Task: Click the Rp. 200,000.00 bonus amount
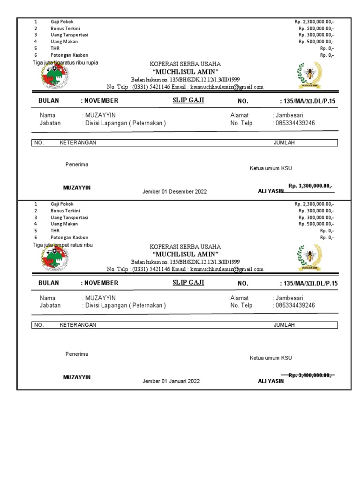[316, 28]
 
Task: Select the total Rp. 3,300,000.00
[310, 186]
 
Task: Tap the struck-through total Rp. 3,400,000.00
[310, 375]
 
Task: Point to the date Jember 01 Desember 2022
[174, 192]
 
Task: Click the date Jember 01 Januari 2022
[171, 381]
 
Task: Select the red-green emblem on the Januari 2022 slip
[54, 257]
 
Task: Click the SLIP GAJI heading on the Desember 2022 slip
[188, 100]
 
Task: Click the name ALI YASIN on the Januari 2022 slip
[271, 381]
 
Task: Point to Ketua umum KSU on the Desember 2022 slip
[270, 168]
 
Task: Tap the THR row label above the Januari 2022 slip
[54, 231]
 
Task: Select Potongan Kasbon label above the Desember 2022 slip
[69, 55]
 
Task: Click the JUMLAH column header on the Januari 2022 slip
[284, 325]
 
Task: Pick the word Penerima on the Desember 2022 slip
[77, 165]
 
